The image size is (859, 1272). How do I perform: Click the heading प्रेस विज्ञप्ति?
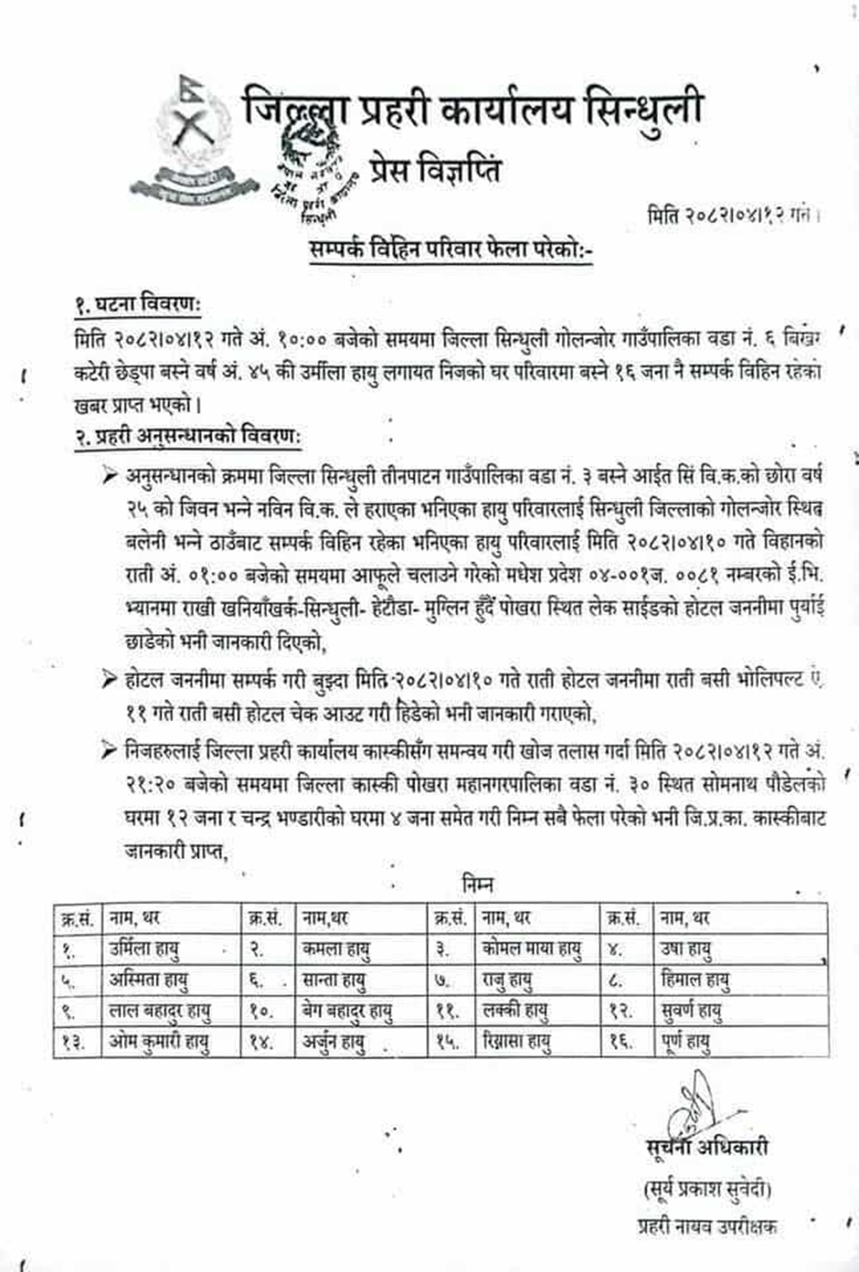pos(435,170)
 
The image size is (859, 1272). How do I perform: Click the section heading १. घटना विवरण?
pos(137,304)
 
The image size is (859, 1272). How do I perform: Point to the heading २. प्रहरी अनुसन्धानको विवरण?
pos(188,436)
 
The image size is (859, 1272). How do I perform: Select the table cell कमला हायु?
pos(336,949)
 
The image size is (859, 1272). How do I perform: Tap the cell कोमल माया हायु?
pos(531,949)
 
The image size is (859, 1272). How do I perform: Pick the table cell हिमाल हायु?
pos(694,980)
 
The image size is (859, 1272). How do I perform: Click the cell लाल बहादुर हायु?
pos(160,1011)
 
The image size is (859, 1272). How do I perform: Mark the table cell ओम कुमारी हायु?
pos(159,1042)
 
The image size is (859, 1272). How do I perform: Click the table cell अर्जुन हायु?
pos(333,1042)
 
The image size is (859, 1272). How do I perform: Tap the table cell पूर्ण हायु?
pos(685,1042)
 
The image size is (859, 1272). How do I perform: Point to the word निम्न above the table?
pos(477,885)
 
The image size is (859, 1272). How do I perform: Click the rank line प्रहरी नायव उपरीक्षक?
pos(707,1226)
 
